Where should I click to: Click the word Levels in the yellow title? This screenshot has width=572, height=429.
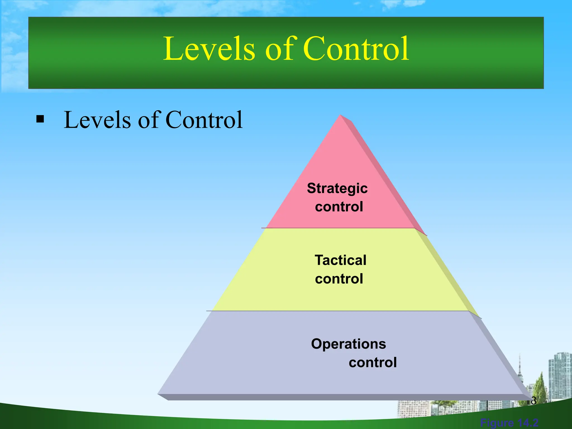(209, 49)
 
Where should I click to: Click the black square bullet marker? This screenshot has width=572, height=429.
(40, 120)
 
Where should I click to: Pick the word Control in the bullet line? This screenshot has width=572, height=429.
(204, 120)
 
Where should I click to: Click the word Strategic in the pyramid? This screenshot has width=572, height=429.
(337, 188)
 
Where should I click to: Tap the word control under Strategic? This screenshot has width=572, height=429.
(339, 207)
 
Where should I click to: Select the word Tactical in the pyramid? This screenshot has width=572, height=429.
(340, 260)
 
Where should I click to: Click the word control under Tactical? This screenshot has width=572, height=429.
(339, 279)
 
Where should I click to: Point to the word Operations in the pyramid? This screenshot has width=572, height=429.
(349, 344)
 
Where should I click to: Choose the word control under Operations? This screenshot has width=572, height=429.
(373, 363)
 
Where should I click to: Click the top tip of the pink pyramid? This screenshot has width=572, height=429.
(340, 116)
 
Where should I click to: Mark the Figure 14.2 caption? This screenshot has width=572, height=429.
(509, 423)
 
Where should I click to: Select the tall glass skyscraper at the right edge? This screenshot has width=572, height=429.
(560, 374)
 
